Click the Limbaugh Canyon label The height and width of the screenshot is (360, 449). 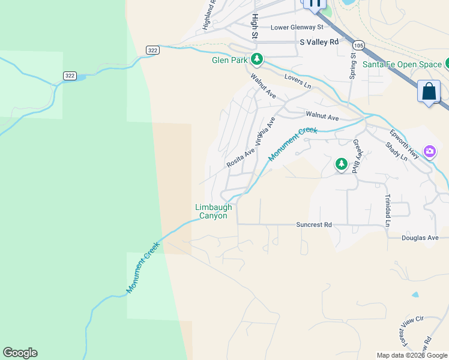[x=214, y=211]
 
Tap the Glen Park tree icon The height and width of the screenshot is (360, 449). [x=257, y=59]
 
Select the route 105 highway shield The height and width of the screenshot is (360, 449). [x=358, y=46]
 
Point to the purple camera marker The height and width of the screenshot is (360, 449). [x=429, y=151]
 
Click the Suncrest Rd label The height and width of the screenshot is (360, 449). [x=313, y=225]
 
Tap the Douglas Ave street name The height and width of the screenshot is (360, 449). [x=420, y=238]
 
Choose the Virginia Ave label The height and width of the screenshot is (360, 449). [x=265, y=131]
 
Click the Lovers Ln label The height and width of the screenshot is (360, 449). [x=298, y=81]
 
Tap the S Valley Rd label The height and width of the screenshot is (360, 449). [x=319, y=43]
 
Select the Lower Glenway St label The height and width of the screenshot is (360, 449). [x=297, y=27]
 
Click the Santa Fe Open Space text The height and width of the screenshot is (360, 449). [x=402, y=64]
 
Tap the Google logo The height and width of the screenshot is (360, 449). [x=20, y=353]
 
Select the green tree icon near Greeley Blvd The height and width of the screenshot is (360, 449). [x=341, y=163]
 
